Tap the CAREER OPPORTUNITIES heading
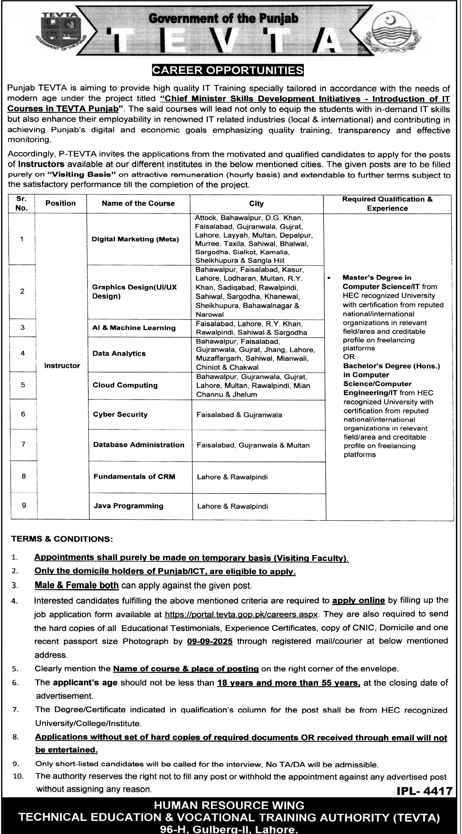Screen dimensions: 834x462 [228, 70]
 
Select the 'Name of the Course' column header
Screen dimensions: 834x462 [138, 203]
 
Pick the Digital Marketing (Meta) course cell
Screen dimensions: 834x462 [135, 239]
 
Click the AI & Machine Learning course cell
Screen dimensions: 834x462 [134, 328]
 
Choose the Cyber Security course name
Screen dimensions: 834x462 [120, 414]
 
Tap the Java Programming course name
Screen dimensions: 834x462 [128, 506]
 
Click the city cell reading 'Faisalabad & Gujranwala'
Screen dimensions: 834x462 [239, 415]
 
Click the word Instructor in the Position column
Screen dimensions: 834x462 [62, 366]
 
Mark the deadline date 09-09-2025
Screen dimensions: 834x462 [210, 641]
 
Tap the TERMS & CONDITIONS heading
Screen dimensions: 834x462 [62, 539]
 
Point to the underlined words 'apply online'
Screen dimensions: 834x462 [358, 600]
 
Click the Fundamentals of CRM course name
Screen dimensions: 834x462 [134, 477]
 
